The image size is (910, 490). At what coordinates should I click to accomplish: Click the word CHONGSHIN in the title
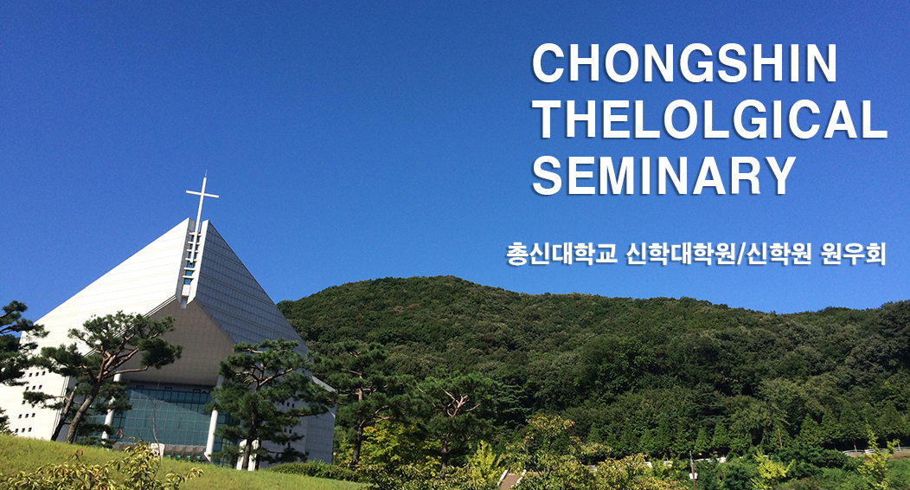[x=684, y=63]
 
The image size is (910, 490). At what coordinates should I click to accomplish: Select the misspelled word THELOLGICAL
[x=709, y=119]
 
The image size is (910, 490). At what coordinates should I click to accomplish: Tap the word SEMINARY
[x=664, y=176]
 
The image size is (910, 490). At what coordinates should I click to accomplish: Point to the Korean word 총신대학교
[x=561, y=255]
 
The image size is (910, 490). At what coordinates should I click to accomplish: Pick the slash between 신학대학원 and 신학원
[x=740, y=255]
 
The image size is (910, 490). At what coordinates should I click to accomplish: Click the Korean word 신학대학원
[x=680, y=255]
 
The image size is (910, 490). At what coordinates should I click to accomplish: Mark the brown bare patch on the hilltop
[x=413, y=306]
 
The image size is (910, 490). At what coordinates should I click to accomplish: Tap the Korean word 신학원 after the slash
[x=779, y=255]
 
